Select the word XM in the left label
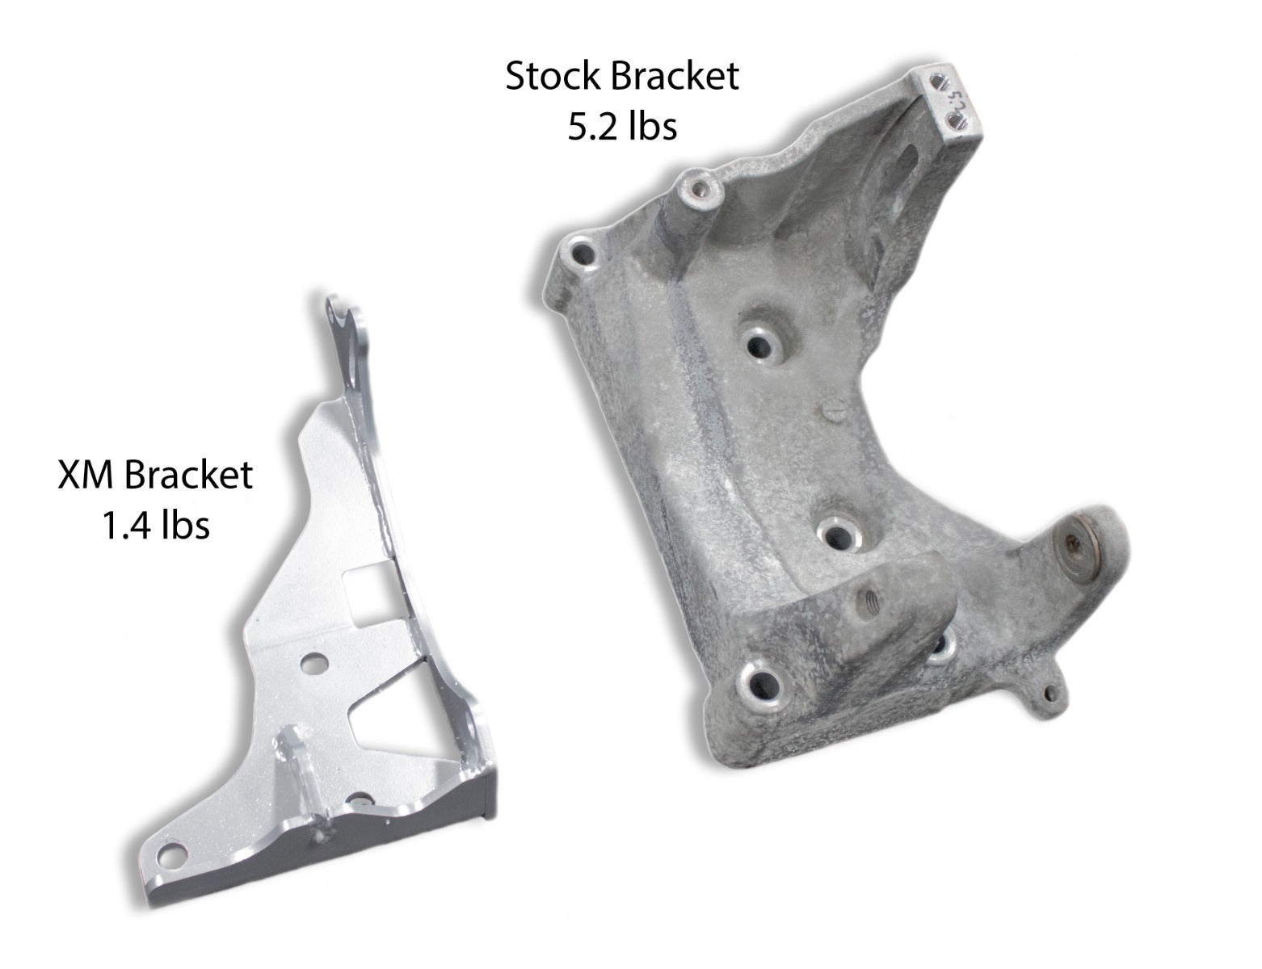89,475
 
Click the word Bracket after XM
189,475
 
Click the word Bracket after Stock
675,77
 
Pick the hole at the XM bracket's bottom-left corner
169,854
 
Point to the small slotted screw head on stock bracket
835,411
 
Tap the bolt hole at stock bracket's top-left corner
581,252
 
